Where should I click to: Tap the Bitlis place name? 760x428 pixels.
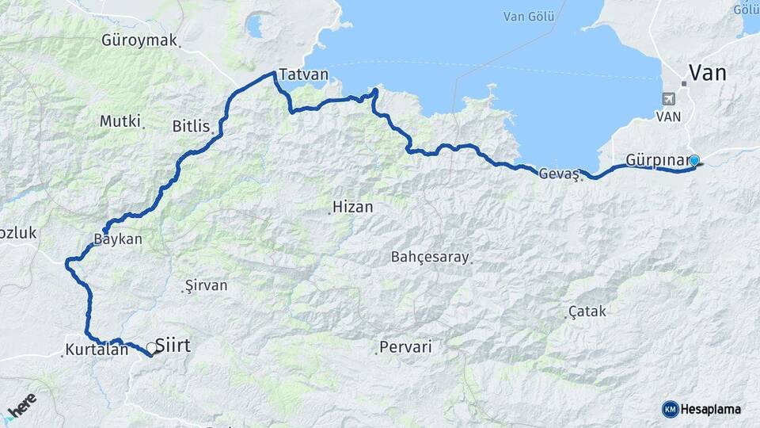(191, 125)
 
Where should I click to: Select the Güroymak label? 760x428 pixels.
(139, 40)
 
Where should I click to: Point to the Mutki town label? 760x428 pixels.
(120, 121)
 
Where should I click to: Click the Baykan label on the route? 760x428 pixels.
(118, 239)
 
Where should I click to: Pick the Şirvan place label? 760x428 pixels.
(206, 285)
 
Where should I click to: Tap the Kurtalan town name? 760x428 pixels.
(97, 349)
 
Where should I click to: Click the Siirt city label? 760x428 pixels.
(173, 346)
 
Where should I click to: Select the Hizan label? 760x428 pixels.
(352, 207)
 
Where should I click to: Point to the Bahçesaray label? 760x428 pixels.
(430, 257)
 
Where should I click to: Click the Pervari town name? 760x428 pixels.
(405, 346)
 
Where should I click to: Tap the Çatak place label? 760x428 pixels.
(587, 311)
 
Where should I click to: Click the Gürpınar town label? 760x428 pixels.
(658, 160)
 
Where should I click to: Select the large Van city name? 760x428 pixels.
(708, 74)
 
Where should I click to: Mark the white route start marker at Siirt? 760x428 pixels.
(150, 347)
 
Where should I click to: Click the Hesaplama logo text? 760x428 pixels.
(710, 409)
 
